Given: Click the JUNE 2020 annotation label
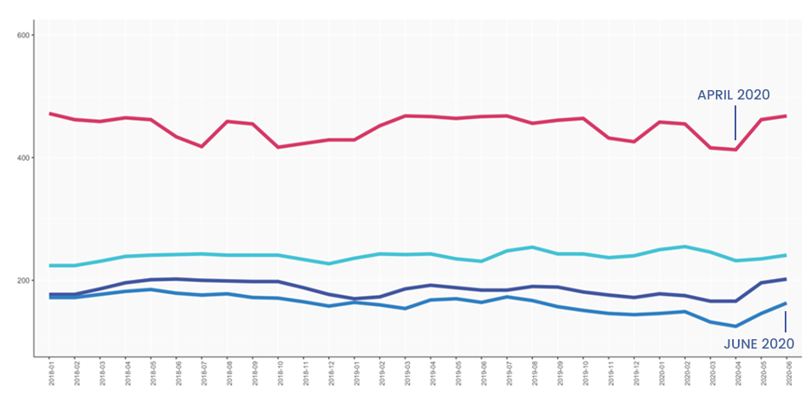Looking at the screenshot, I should click(x=758, y=343).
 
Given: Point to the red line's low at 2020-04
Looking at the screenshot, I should click(x=735, y=150).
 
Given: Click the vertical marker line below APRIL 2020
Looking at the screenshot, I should click(x=735, y=122).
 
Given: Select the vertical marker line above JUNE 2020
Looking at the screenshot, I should click(x=786, y=321).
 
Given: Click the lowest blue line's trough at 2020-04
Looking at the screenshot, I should click(x=735, y=326).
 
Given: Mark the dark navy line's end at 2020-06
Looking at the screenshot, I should click(x=786, y=279).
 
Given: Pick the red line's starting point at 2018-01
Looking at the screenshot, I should click(x=50, y=113).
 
